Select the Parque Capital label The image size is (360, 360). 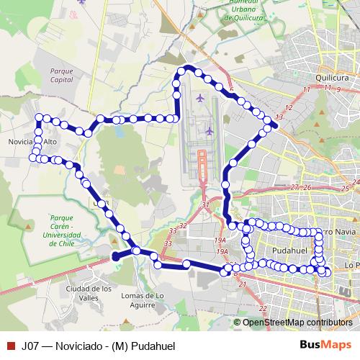[63, 76]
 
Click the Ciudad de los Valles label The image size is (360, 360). [89, 292]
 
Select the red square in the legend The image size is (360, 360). [10, 346]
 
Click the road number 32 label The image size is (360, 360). [183, 226]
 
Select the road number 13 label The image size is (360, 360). [279, 117]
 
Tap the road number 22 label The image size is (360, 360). [264, 308]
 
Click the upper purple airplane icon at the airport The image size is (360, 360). [199, 97]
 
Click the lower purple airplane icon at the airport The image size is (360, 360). [209, 131]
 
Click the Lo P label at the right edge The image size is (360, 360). [352, 265]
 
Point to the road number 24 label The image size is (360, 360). [356, 183]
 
